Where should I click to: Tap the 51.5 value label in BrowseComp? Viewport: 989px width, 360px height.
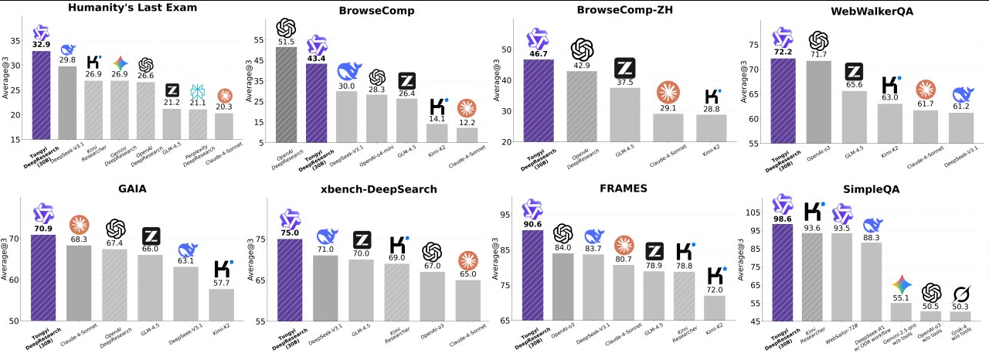(x=286, y=41)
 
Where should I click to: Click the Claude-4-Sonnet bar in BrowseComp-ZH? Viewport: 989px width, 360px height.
(x=668, y=127)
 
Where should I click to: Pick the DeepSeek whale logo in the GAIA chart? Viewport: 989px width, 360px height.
(x=188, y=250)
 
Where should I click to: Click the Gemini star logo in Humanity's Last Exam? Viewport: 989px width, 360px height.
(x=120, y=62)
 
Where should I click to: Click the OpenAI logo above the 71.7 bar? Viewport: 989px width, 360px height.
(x=818, y=41)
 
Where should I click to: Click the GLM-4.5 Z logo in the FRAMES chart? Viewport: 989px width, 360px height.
(x=654, y=250)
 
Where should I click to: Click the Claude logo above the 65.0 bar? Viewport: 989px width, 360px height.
(x=467, y=260)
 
